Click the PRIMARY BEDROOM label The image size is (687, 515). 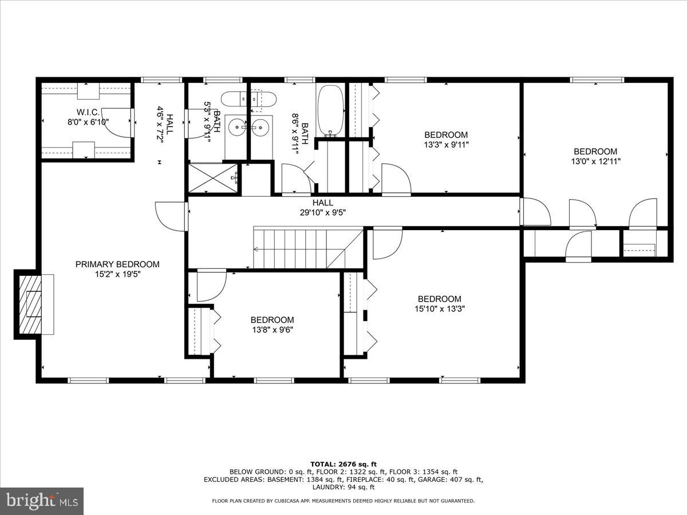click(117, 264)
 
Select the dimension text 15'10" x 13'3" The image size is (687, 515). click(440, 309)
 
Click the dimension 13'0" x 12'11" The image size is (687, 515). click(595, 161)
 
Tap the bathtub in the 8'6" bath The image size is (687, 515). click(330, 110)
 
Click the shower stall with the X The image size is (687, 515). click(213, 178)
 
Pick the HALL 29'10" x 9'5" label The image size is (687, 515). click(322, 208)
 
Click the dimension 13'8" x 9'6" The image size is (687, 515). click(272, 330)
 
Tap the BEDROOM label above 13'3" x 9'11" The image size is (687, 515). click(446, 135)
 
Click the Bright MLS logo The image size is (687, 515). click(42, 501)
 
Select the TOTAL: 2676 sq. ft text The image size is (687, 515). click(343, 464)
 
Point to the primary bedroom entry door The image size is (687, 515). click(172, 216)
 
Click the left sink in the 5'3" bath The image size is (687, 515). click(236, 127)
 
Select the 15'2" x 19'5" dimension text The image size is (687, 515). click(117, 274)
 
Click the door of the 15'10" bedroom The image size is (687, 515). click(386, 243)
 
